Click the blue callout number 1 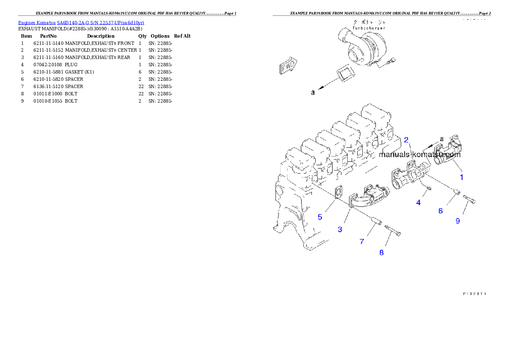[462, 176]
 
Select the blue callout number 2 [406, 139]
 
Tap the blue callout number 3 [340, 230]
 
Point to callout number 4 [418, 203]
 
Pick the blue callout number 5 [320, 217]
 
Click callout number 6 [441, 210]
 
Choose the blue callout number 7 [362, 242]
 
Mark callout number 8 [382, 253]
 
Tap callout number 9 [458, 221]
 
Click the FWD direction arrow [288, 67]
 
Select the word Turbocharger [369, 28]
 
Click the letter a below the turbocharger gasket [313, 92]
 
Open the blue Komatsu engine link [81, 22]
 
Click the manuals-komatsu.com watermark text [419, 155]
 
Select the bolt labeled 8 [393, 231]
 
